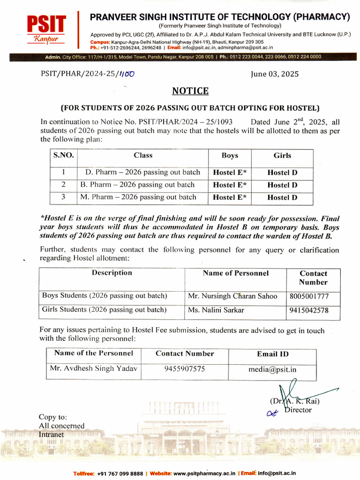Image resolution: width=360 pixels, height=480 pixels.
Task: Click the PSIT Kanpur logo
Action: tap(45, 29)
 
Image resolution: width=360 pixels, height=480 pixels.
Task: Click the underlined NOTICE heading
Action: tap(190, 90)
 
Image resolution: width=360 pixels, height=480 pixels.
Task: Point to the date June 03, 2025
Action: tap(275, 74)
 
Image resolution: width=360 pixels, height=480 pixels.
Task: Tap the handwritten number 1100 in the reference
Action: tap(127, 74)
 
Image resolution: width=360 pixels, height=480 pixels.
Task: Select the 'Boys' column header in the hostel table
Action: tap(230, 156)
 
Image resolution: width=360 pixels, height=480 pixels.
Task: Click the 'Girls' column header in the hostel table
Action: tap(282, 156)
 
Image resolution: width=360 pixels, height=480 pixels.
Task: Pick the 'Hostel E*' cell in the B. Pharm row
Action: tap(230, 185)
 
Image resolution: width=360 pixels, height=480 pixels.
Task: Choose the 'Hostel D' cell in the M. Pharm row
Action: tap(282, 197)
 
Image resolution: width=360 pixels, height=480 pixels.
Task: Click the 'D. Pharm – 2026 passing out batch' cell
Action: tap(142, 172)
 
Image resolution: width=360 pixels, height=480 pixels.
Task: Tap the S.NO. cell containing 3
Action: tap(63, 197)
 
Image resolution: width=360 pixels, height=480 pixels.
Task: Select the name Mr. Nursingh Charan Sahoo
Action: tap(232, 296)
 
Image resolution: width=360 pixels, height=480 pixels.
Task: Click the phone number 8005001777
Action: tap(309, 296)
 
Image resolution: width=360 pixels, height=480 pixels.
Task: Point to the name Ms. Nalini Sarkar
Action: tap(216, 310)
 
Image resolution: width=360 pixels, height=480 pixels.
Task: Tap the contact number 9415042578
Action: tap(309, 310)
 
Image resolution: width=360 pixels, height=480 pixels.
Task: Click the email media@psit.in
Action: tap(272, 369)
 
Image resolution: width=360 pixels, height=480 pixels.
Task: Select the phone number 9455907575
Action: tap(185, 369)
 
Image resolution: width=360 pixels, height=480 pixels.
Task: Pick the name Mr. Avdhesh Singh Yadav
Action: tap(94, 368)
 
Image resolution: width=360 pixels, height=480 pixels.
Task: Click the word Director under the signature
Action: tap(298, 410)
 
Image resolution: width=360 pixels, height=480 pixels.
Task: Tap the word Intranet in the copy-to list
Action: tap(51, 435)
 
